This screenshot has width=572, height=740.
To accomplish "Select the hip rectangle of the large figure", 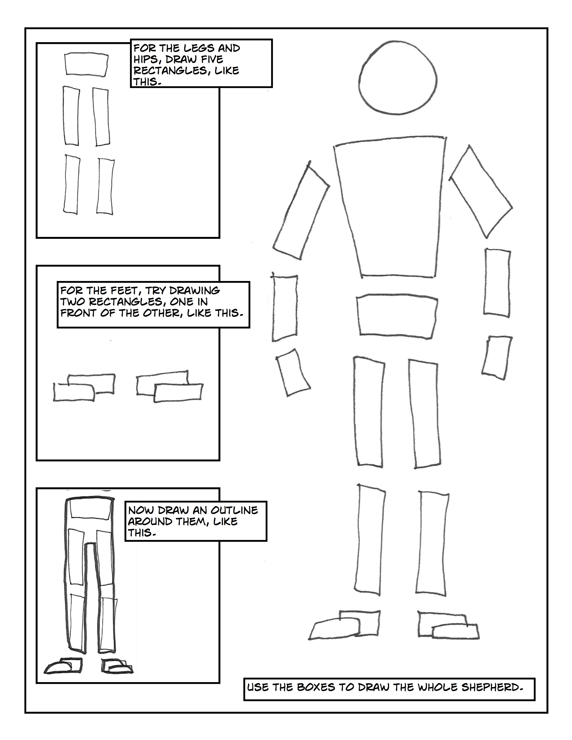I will pyautogui.click(x=396, y=316).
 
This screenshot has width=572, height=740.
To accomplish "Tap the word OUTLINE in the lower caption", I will pyautogui.click(x=234, y=510).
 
